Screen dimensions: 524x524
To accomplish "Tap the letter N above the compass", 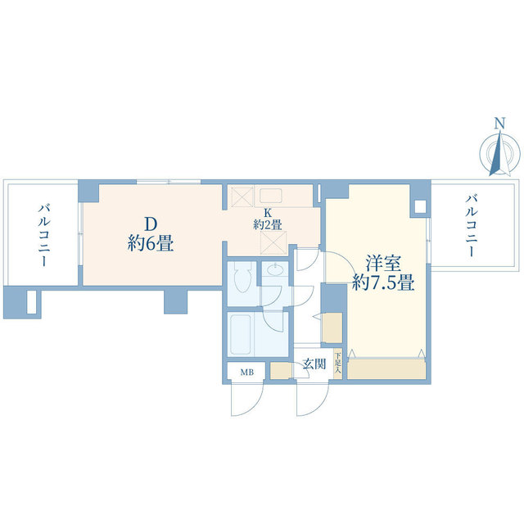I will pyautogui.click(x=499, y=124).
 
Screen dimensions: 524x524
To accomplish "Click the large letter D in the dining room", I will pyautogui.click(x=150, y=224).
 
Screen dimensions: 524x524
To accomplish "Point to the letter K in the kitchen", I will pyautogui.click(x=267, y=211).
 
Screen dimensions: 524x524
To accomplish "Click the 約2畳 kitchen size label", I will pyautogui.click(x=267, y=224).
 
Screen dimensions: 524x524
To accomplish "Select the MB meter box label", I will pyautogui.click(x=246, y=373).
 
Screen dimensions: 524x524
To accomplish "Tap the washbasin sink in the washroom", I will pyautogui.click(x=275, y=271).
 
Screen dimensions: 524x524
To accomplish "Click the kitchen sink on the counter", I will pyautogui.click(x=271, y=195).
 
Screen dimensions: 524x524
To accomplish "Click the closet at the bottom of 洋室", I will pyautogui.click(x=388, y=368).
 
